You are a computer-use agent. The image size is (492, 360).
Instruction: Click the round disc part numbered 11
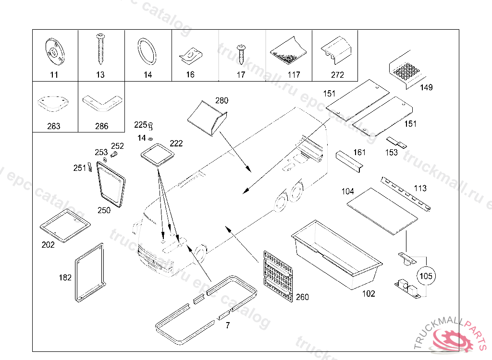point(54,51)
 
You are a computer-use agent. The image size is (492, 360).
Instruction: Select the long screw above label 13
point(100,49)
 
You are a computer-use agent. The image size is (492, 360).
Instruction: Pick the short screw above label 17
point(241,53)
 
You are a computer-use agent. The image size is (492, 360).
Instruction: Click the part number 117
point(294,75)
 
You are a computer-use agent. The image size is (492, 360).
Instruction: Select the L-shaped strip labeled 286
point(101,103)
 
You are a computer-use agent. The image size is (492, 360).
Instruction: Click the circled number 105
point(426,276)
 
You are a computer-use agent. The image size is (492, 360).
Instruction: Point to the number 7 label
point(227,325)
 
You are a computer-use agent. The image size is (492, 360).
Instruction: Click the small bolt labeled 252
point(114,155)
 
